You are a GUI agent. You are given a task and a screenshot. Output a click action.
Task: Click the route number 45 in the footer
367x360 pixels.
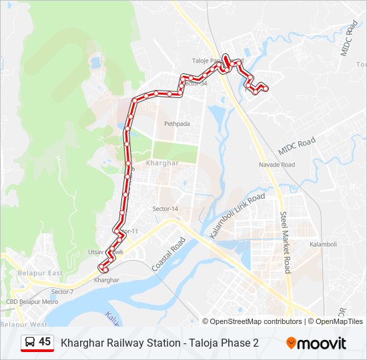pos(45,342)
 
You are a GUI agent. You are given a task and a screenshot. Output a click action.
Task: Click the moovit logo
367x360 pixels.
pos(316,343)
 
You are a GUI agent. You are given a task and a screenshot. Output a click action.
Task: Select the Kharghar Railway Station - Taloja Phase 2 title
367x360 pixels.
pos(159,343)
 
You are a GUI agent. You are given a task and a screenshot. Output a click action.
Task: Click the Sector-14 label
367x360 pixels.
pos(165,209)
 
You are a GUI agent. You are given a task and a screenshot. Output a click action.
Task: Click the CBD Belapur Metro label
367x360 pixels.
pos(32,302)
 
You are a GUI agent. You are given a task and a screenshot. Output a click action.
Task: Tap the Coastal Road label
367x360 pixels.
pos(167,254)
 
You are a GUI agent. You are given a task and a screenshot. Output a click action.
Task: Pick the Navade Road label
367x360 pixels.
pos(277,165)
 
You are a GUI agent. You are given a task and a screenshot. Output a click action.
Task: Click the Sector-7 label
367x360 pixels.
pos(62,292)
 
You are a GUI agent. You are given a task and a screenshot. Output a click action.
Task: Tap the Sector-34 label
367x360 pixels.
pos(194,83)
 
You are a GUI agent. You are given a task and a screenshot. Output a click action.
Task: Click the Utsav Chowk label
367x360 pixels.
pos(106,253)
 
